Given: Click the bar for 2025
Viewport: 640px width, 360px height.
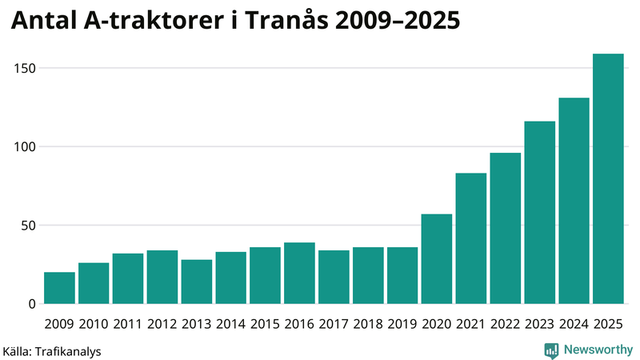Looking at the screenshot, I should click(x=608, y=179).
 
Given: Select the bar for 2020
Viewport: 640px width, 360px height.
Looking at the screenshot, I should click(x=437, y=259).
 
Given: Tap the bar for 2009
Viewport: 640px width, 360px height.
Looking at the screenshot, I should click(x=59, y=288).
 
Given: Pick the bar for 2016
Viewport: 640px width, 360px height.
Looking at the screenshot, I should click(x=299, y=274).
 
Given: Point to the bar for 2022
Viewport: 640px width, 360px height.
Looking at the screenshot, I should click(x=506, y=229).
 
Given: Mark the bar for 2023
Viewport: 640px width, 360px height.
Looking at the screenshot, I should click(x=540, y=213).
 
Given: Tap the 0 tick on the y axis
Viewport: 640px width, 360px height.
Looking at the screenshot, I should click(x=32, y=304).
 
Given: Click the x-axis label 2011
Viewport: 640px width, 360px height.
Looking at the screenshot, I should click(x=128, y=324).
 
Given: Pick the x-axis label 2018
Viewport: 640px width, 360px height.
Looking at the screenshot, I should click(x=368, y=324).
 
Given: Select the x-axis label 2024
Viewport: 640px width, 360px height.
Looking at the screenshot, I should click(x=574, y=324).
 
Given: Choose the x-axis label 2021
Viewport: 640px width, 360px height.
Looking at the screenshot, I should click(x=471, y=324).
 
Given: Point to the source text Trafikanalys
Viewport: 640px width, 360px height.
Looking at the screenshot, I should click(x=67, y=350).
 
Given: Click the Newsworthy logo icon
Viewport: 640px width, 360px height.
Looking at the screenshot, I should click(x=551, y=350).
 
